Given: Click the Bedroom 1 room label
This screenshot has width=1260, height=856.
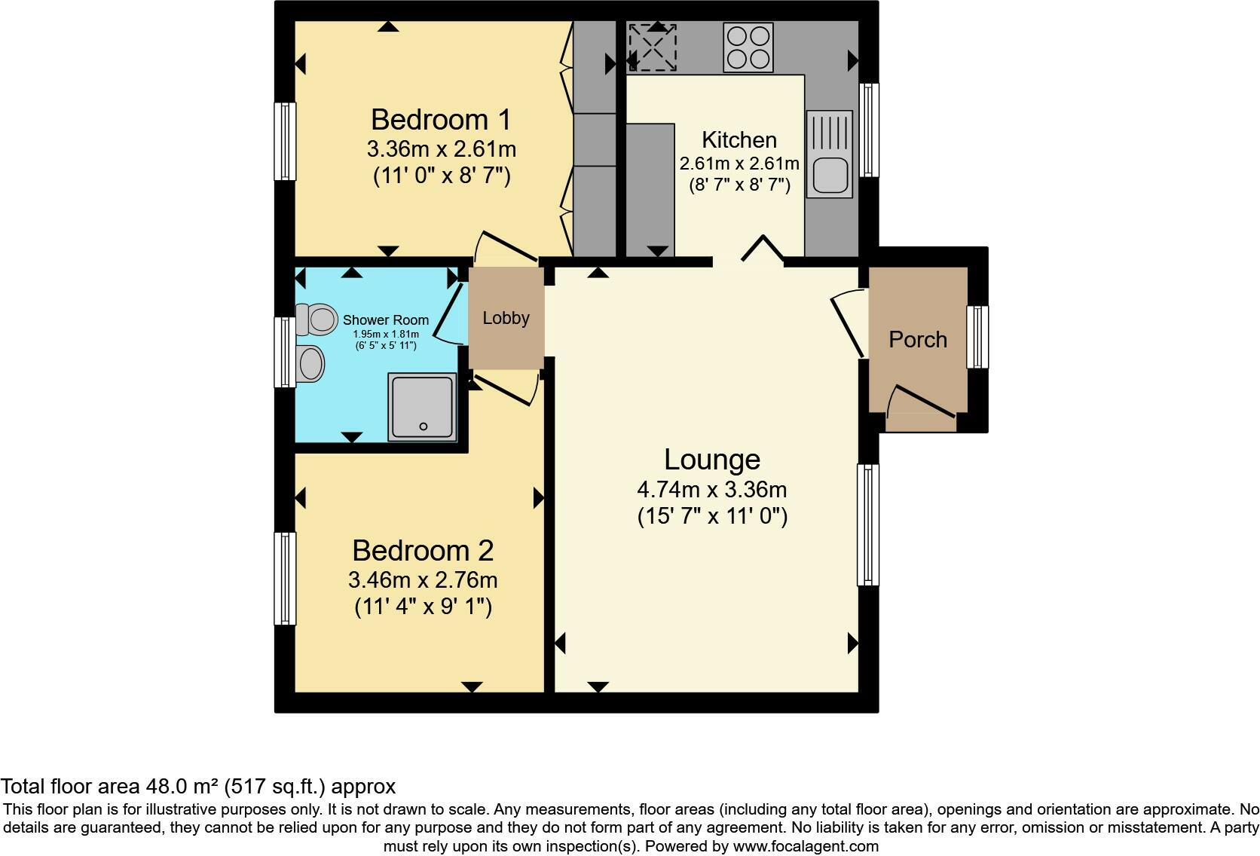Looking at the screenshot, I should (x=441, y=120).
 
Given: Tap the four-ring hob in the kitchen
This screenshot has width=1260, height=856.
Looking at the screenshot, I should (x=748, y=47).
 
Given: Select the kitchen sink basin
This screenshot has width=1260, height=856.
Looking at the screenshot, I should (x=828, y=175).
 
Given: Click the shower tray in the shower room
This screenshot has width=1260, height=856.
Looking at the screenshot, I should (x=423, y=406).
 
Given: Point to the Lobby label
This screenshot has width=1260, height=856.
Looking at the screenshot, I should (x=506, y=318).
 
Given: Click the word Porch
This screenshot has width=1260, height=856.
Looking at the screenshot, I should (x=917, y=340).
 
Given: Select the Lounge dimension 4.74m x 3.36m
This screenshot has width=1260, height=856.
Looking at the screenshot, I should (x=712, y=490).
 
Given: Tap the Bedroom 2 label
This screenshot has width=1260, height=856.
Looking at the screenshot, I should (x=422, y=551).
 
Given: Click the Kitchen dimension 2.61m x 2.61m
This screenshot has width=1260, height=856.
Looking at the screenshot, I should (x=739, y=164).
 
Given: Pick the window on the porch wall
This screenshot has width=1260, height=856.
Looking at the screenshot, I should (x=977, y=337).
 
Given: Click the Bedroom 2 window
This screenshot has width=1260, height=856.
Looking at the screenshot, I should (x=284, y=578).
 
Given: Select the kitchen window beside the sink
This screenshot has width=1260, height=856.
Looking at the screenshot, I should (x=869, y=130).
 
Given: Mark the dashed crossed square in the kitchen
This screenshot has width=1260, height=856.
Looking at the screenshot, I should (x=653, y=47).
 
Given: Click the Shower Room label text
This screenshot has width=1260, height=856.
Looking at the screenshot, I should (x=385, y=320).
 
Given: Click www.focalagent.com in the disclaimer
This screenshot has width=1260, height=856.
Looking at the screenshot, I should (x=805, y=846).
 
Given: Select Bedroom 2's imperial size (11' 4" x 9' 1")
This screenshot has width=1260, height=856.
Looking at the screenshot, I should (x=423, y=607).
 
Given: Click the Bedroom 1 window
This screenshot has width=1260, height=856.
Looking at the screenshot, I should (x=284, y=141).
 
